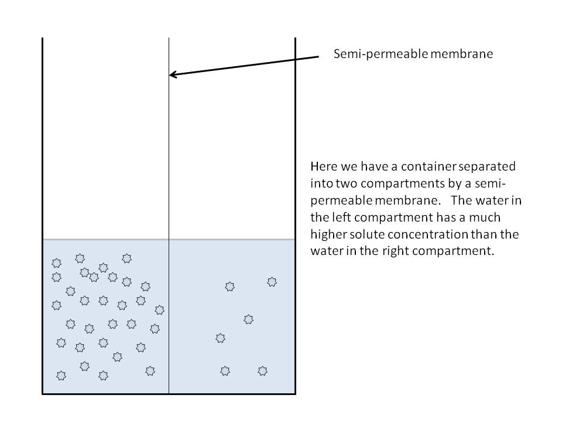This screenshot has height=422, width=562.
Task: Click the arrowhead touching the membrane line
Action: click(173, 74)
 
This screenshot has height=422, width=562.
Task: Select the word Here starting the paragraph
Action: click(323, 166)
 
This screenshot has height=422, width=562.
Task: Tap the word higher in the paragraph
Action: click(330, 236)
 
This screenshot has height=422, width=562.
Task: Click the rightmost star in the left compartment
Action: click(159, 309)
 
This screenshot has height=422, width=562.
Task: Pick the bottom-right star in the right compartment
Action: click(262, 371)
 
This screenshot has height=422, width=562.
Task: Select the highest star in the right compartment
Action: click(272, 282)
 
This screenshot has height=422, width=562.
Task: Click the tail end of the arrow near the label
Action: click(318, 57)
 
